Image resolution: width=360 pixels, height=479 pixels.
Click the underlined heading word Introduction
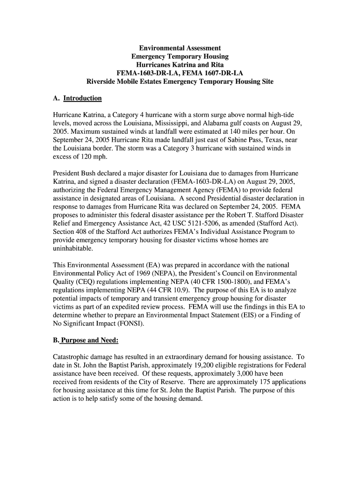82,98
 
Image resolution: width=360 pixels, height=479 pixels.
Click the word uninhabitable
74,248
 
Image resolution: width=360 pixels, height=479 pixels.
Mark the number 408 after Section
86,232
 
